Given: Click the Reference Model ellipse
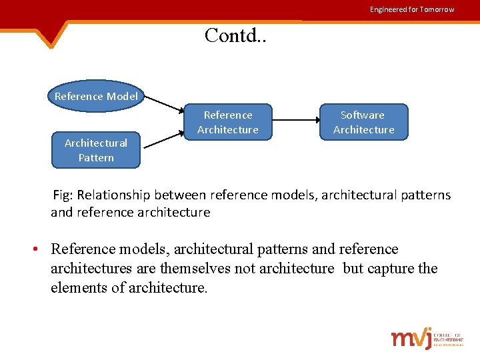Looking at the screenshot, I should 96,96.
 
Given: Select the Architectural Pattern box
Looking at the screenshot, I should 96,150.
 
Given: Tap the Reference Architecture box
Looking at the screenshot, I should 228,122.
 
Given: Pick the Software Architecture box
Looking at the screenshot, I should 363,122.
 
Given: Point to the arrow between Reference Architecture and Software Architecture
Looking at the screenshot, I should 296,121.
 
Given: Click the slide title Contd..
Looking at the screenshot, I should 235,35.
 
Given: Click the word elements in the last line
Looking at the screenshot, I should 79,288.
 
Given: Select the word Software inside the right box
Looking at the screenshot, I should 363,115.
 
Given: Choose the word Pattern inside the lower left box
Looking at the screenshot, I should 96,158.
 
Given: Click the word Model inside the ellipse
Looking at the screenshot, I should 122,96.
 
